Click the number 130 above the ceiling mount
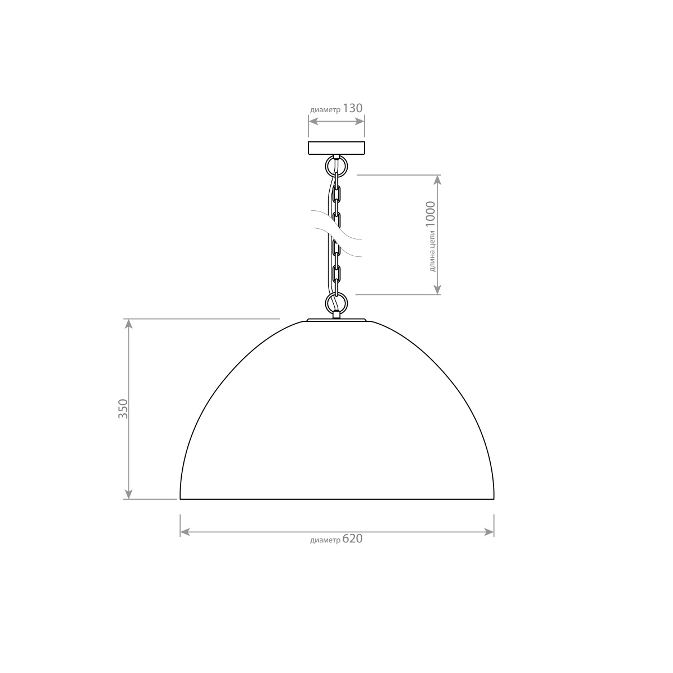coord(352,108)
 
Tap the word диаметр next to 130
coord(325,110)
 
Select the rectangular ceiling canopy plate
coord(336,147)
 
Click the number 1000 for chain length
coord(431,215)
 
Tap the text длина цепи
coord(432,251)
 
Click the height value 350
coord(123,409)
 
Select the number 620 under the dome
coord(352,539)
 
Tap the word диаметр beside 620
coord(325,541)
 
